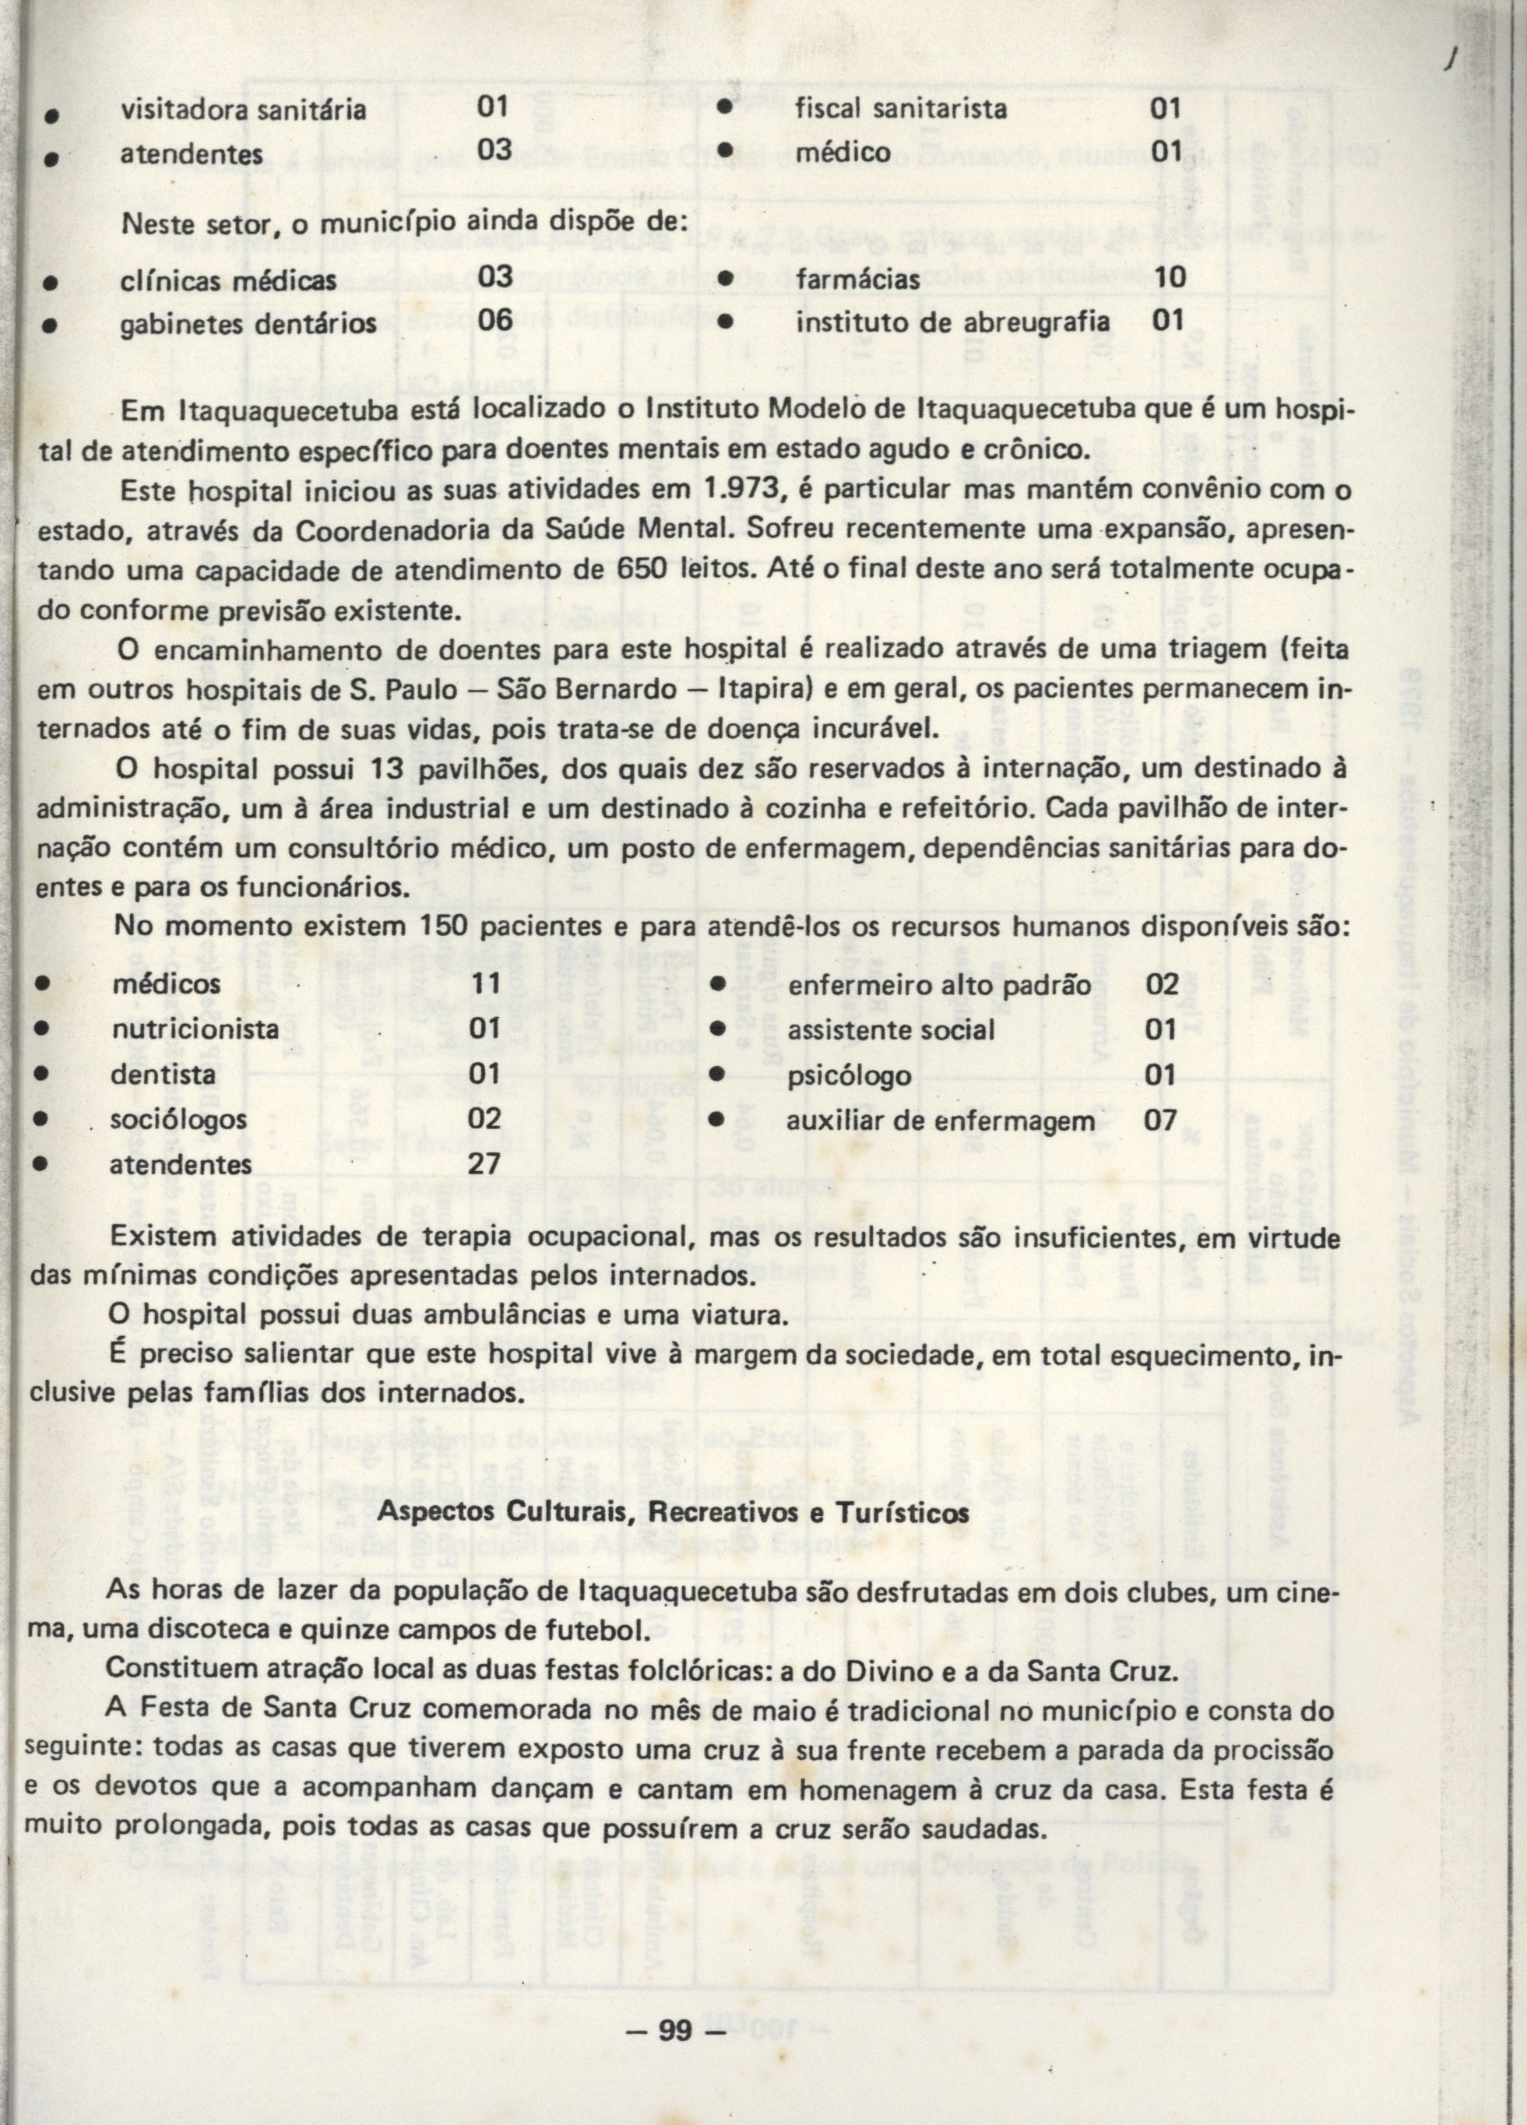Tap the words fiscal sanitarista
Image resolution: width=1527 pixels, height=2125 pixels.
[900, 110]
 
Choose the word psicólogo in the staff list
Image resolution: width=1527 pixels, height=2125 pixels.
[849, 1075]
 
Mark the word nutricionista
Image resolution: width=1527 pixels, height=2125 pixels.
[195, 1029]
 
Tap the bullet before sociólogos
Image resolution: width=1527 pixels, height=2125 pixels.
[41, 1120]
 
